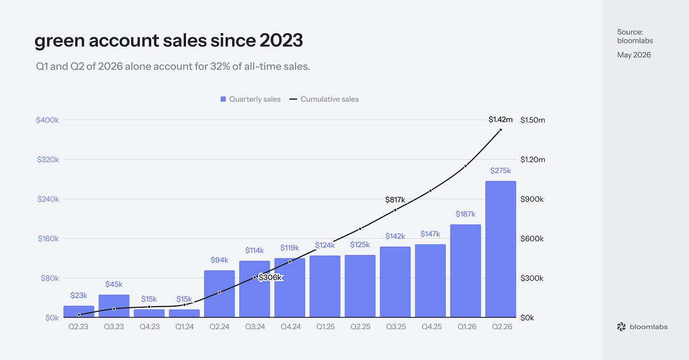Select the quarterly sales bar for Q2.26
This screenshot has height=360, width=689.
coord(501,249)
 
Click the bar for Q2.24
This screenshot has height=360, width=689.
coord(219,294)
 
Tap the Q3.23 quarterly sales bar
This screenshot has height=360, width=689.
coord(114,306)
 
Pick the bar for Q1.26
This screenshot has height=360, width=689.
coord(465,271)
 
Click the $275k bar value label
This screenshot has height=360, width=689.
coord(501,171)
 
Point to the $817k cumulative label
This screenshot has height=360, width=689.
coord(395,200)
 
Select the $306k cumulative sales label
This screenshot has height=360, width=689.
coord(270,278)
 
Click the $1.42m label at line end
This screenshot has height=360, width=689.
coord(501,120)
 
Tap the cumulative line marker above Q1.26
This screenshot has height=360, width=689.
coord(465,166)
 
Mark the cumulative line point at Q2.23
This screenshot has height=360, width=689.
coord(79,315)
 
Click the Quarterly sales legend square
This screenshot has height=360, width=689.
coord(223,99)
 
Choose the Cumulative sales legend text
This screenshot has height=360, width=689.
coord(329,99)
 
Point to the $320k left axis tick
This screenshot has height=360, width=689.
coord(48,159)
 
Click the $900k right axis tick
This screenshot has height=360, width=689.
coord(532,199)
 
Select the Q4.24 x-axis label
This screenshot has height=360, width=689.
coord(291,326)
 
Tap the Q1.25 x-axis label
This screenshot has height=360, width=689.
coord(326,326)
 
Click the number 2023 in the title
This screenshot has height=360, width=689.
coord(281,40)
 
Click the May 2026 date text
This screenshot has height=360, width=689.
coord(634,55)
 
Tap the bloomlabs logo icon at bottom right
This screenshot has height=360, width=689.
coord(621,327)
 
